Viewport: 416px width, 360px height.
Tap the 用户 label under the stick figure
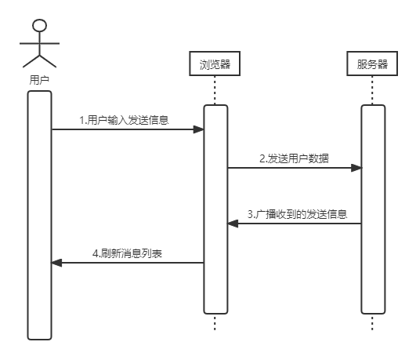click(39, 80)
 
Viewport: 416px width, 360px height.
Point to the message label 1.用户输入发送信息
click(124, 120)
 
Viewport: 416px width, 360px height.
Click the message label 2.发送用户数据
click(295, 158)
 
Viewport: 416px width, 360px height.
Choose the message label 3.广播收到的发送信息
click(298, 214)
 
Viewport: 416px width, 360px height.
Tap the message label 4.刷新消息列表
click(128, 253)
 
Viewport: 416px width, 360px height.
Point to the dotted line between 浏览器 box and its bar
click(215, 90)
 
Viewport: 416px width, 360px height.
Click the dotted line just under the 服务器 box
click(372, 90)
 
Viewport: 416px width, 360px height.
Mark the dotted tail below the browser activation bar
click(215, 322)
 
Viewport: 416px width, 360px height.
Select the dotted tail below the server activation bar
click(372, 322)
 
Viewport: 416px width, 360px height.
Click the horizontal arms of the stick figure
click(39, 43)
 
